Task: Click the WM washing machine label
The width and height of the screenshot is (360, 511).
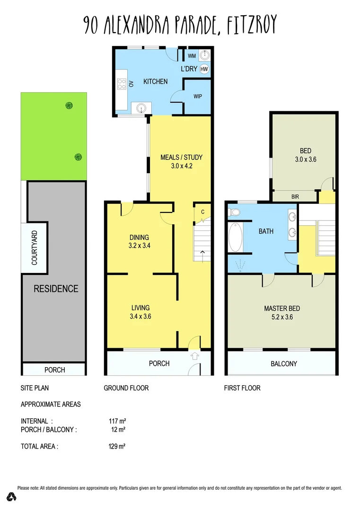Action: click(x=192, y=56)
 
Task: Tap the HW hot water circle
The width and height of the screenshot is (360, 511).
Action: click(x=204, y=69)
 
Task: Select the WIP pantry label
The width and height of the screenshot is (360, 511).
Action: click(x=197, y=96)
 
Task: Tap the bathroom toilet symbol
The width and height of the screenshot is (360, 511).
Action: click(x=234, y=213)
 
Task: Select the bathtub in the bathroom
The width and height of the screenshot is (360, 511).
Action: click(x=235, y=238)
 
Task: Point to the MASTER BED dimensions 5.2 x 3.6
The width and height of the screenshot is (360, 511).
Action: click(x=281, y=317)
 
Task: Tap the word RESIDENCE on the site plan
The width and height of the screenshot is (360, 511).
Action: click(x=55, y=289)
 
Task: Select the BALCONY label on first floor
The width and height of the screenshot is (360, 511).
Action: click(x=284, y=364)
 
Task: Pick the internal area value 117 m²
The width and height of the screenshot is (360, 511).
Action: click(x=117, y=421)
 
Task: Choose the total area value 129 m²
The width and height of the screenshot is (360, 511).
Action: click(x=117, y=446)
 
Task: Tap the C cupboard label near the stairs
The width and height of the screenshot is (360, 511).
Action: click(x=202, y=212)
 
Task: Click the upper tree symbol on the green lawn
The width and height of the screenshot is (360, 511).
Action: click(x=69, y=105)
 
